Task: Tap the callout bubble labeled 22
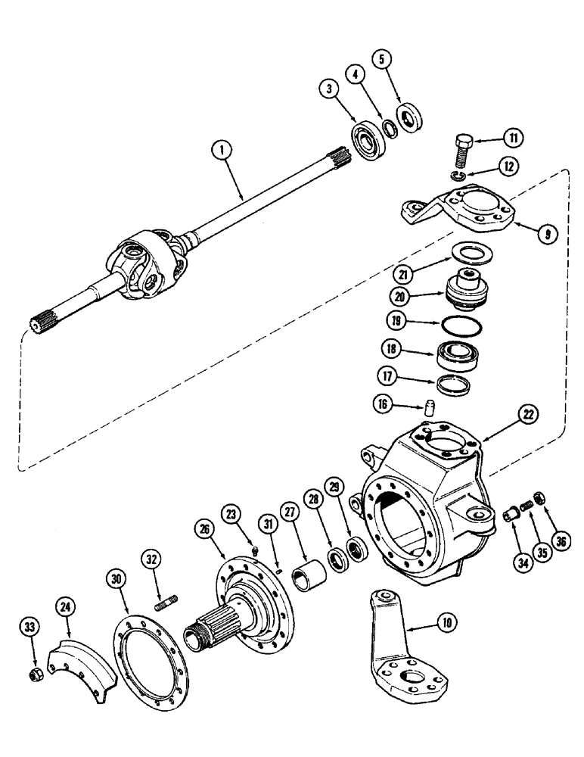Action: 527,414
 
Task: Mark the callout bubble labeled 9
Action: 545,235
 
